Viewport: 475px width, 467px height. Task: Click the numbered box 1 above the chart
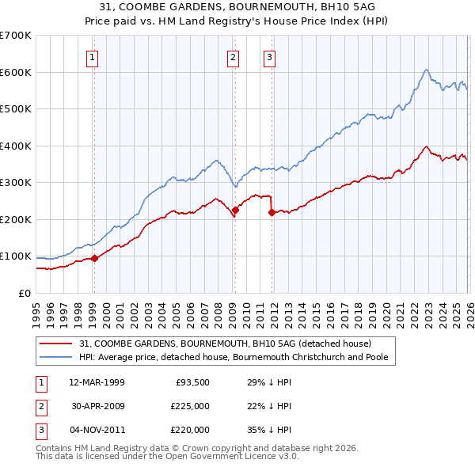point(93,56)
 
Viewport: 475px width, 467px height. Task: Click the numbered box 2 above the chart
point(234,56)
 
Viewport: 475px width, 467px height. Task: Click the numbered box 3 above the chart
point(269,56)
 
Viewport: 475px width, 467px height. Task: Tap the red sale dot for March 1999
point(94,258)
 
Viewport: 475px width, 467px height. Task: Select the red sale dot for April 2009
point(235,211)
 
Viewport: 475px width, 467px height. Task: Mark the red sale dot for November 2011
point(271,212)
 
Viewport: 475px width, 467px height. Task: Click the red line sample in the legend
point(57,344)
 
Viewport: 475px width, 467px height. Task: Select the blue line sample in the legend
point(57,357)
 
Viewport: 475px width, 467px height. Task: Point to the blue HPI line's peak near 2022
point(426,70)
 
